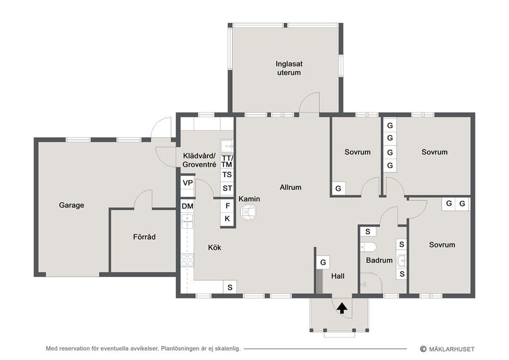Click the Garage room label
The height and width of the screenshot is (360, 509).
(x=72, y=205)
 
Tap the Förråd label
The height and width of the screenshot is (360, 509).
(x=144, y=237)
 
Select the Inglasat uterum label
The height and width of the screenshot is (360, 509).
(x=289, y=68)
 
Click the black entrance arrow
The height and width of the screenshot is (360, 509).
(x=341, y=308)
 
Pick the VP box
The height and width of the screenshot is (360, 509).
(x=188, y=183)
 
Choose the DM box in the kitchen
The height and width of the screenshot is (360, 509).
(x=187, y=206)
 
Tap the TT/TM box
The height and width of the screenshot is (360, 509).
(x=227, y=161)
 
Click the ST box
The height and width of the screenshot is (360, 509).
(x=227, y=188)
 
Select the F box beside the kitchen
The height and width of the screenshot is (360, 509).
(x=227, y=206)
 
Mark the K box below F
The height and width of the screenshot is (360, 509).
(x=227, y=219)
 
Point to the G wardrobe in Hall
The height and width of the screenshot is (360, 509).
(x=323, y=262)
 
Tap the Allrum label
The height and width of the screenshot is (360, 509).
(x=291, y=187)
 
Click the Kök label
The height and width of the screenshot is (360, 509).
(x=215, y=248)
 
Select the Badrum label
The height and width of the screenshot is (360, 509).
(x=379, y=260)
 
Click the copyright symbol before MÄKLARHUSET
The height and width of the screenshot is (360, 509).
(x=423, y=349)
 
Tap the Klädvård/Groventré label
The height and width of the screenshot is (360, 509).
(x=199, y=160)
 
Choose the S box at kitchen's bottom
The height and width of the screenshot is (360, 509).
(x=230, y=287)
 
